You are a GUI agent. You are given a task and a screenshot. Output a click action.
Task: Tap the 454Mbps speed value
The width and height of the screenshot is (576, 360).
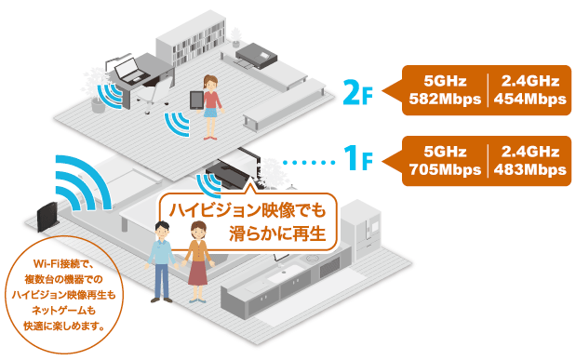point(529,98)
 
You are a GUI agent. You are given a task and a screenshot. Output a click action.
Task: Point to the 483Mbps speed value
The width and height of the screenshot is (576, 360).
point(529,169)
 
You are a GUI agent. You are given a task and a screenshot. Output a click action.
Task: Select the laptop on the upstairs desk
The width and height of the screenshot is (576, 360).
point(131,67)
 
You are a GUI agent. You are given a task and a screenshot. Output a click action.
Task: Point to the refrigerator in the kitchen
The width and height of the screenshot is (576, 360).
point(360,229)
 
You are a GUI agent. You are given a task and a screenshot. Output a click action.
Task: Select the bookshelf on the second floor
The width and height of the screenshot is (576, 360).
point(190,39)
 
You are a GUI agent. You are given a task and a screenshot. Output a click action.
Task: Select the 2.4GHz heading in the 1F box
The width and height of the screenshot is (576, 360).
point(529,152)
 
